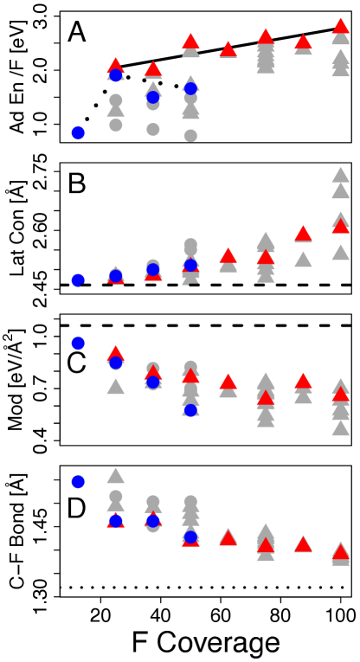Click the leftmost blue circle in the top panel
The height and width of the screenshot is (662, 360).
78,132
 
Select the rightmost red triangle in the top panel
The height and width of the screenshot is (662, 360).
340,26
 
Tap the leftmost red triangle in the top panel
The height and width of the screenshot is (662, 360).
116,66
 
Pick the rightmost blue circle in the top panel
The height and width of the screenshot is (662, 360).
190,88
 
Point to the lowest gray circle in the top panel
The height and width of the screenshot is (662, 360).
190,135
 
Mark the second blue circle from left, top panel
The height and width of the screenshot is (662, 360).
116,75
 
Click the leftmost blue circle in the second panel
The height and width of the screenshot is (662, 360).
78,280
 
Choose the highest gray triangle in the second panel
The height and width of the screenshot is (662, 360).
340,175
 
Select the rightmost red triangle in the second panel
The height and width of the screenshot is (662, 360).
340,226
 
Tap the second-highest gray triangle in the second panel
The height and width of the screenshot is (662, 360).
340,190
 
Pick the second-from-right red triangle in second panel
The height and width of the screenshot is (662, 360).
303,234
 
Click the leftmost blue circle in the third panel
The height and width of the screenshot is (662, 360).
78,344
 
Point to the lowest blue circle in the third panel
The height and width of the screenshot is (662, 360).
190,409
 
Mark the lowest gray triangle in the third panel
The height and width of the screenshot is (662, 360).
340,427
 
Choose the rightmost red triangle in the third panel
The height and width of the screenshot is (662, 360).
340,394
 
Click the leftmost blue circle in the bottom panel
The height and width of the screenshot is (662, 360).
78,481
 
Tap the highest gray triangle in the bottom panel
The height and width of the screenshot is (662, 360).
116,475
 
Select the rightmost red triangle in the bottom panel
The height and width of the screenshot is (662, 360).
340,552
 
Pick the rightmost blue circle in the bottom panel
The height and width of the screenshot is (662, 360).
190,537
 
